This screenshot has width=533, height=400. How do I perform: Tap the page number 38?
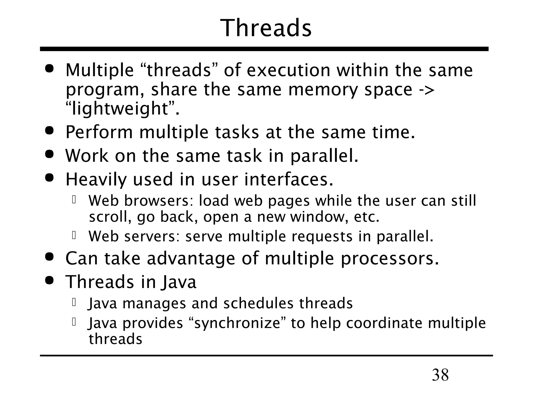440,375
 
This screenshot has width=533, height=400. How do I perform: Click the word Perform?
99,132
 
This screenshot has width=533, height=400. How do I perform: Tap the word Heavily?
96,179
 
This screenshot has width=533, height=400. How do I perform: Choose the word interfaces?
289,179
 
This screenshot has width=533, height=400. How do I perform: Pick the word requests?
322,236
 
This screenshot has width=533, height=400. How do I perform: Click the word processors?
390,259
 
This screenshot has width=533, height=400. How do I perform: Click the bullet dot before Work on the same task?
49,154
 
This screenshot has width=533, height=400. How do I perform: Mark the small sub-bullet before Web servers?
74,235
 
